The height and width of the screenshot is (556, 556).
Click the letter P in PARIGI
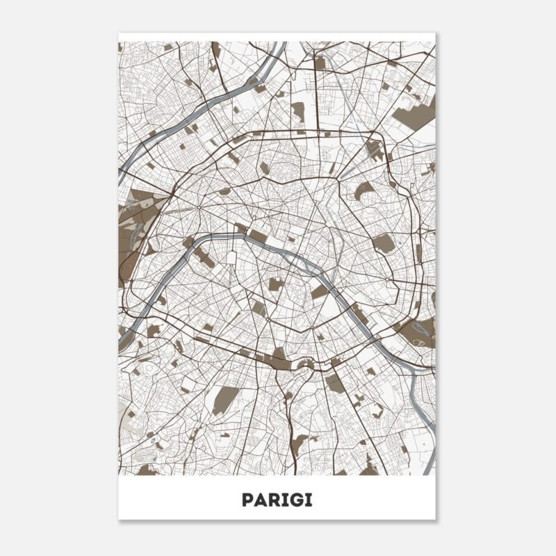pyautogui.click(x=247, y=500)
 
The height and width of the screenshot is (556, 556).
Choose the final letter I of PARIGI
pyautogui.click(x=309, y=500)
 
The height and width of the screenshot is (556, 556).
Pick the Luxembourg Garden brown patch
pyautogui.click(x=276, y=284)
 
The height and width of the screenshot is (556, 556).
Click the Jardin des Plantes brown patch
pyautogui.click(x=319, y=291)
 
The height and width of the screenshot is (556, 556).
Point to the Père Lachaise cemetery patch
pyautogui.click(x=383, y=243)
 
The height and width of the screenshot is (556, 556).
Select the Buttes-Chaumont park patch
pyautogui.click(x=363, y=190)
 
